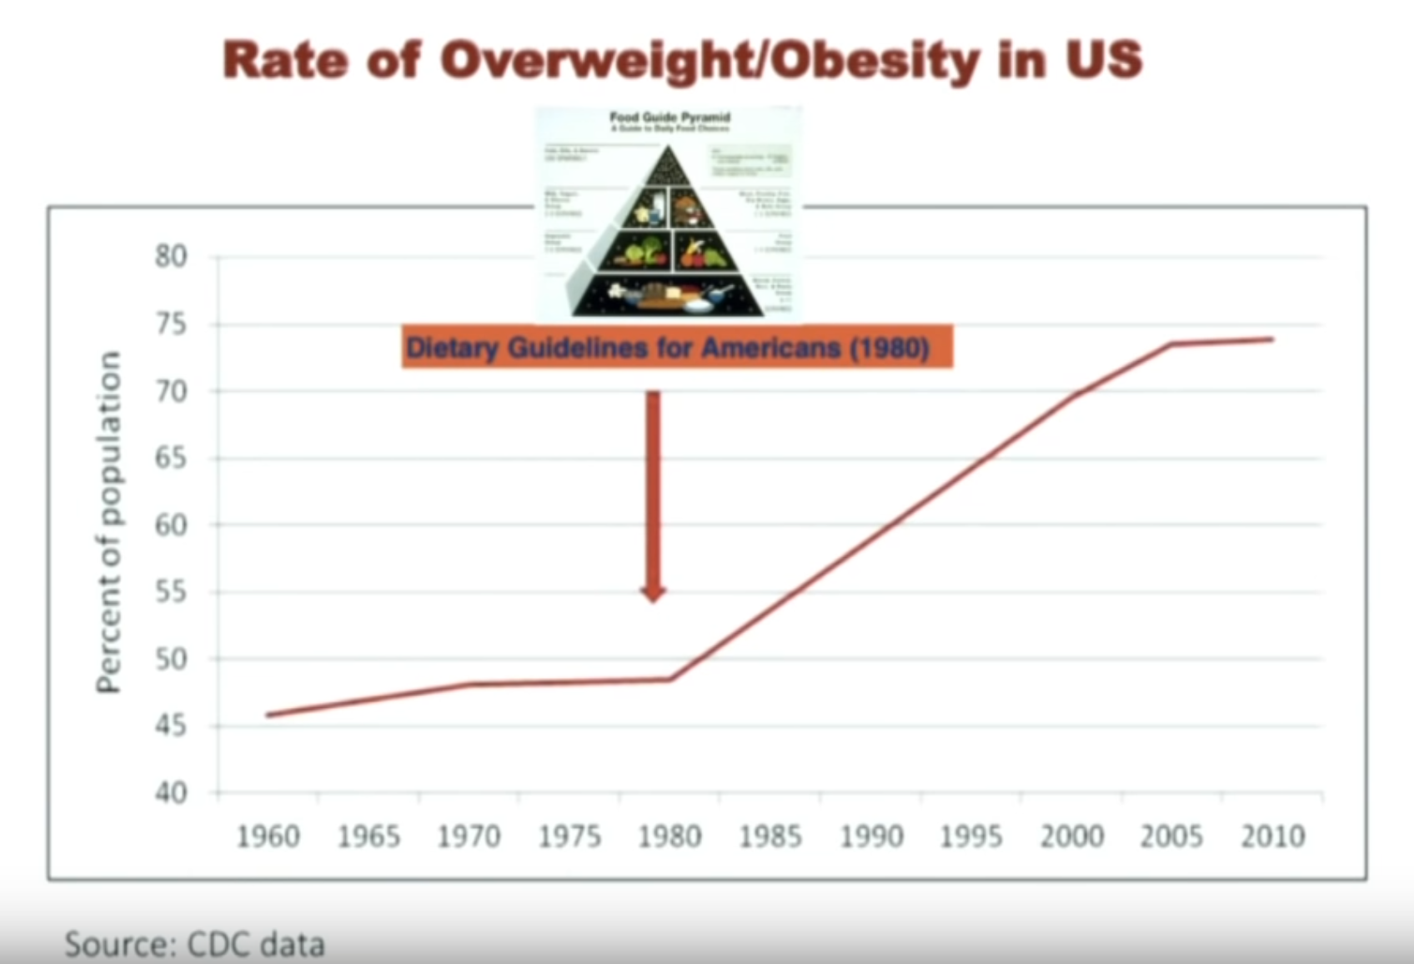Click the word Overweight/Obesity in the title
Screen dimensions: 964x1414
[x=710, y=61]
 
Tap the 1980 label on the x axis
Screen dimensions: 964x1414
[x=669, y=836]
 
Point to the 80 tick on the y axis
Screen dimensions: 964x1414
[x=171, y=256]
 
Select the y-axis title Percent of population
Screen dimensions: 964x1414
[x=108, y=522]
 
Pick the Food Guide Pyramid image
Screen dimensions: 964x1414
[x=668, y=214]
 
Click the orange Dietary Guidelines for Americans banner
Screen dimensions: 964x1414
[x=676, y=347]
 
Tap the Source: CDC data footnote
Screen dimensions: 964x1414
[x=194, y=945]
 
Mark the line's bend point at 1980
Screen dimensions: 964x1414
[x=670, y=679]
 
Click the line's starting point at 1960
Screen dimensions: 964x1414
[x=268, y=715]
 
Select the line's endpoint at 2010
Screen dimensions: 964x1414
[x=1272, y=339]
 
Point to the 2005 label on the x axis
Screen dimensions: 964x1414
[x=1171, y=836]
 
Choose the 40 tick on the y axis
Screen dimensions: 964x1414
[x=171, y=792]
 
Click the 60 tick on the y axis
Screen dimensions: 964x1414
[x=171, y=525]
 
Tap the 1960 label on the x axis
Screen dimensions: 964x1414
[x=268, y=836]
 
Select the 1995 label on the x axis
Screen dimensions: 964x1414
[x=970, y=836]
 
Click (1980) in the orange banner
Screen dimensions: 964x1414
[x=890, y=347]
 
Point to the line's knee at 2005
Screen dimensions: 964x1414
[x=1171, y=344]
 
